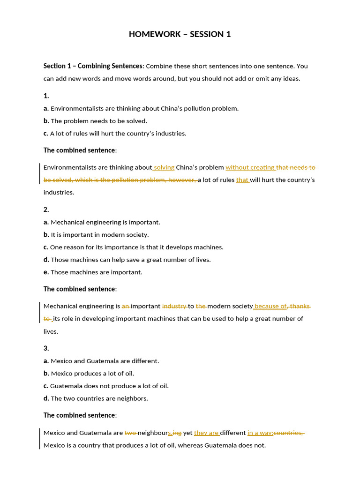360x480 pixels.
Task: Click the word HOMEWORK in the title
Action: pyautogui.click(x=150, y=34)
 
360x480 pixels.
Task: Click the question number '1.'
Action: pyautogui.click(x=46, y=96)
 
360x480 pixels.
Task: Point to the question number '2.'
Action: pyautogui.click(x=46, y=210)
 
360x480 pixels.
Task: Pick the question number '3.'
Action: pyautogui.click(x=46, y=348)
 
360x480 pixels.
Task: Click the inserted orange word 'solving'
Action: pyautogui.click(x=164, y=167)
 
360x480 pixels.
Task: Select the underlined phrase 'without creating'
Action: pyautogui.click(x=250, y=167)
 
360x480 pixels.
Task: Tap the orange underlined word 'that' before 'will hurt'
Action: pyautogui.click(x=242, y=180)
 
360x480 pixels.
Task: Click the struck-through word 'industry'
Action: pyautogui.click(x=174, y=306)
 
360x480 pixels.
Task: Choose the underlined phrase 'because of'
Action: pyautogui.click(x=270, y=306)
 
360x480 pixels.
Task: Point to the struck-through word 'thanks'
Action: pyautogui.click(x=300, y=306)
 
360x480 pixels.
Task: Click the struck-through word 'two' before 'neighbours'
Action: pyautogui.click(x=130, y=433)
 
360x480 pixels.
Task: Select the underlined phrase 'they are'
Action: pyautogui.click(x=207, y=433)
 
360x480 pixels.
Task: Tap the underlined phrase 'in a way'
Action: pyautogui.click(x=260, y=433)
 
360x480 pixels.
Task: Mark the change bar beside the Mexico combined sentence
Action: pyautogui.click(x=40, y=439)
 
